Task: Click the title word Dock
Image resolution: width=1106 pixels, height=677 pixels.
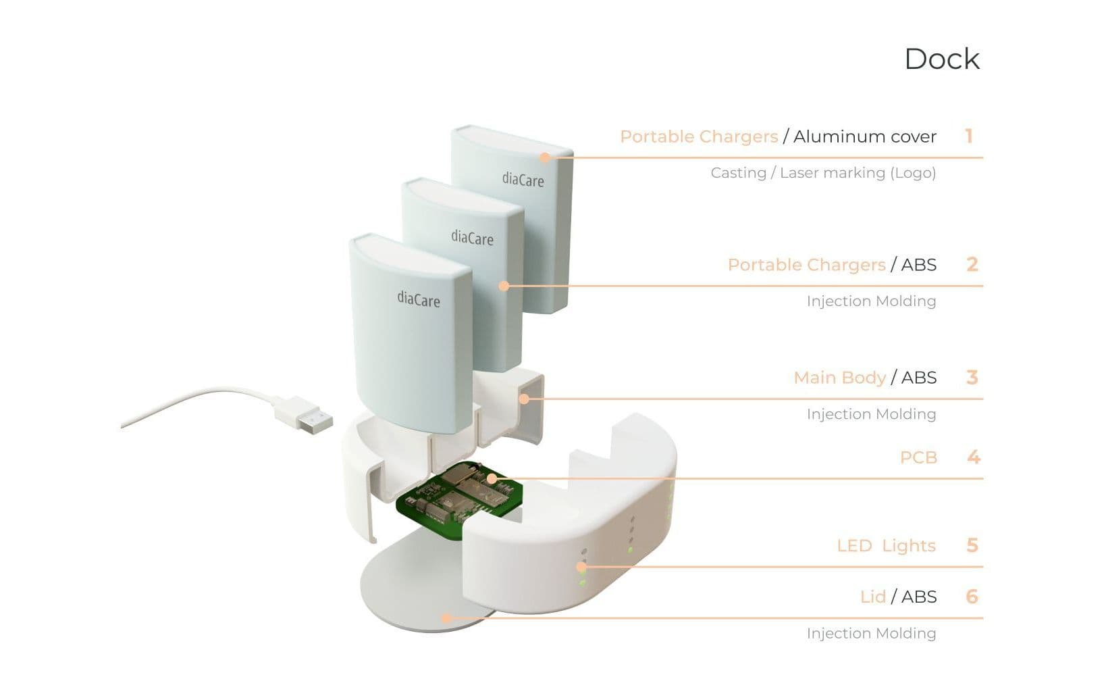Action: pyautogui.click(x=941, y=59)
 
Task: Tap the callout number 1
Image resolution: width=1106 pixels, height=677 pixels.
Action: pyautogui.click(x=969, y=136)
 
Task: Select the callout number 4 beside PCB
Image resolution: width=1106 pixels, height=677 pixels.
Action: pyautogui.click(x=974, y=457)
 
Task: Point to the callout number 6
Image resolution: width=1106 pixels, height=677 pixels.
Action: pyautogui.click(x=972, y=597)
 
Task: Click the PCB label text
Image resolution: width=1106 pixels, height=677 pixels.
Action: pyautogui.click(x=918, y=457)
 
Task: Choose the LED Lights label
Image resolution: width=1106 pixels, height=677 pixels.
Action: pyautogui.click(x=887, y=545)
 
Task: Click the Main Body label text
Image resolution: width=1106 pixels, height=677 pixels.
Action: pyautogui.click(x=840, y=378)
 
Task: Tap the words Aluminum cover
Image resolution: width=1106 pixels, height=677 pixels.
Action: pyautogui.click(x=864, y=136)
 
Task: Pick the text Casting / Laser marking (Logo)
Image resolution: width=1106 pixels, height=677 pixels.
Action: pyautogui.click(x=823, y=173)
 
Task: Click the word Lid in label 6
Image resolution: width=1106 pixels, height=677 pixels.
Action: pyautogui.click(x=873, y=597)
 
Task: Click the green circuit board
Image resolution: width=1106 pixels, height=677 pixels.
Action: pyautogui.click(x=459, y=499)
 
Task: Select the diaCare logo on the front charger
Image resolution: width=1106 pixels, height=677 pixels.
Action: pyautogui.click(x=419, y=299)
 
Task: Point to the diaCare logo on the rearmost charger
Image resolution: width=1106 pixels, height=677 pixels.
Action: pyautogui.click(x=523, y=179)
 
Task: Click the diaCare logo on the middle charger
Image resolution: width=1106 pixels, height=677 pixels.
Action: pyautogui.click(x=473, y=238)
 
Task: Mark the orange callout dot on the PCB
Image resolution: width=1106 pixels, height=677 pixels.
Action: pyautogui.click(x=492, y=478)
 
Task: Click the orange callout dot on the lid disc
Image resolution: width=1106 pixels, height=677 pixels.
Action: pyautogui.click(x=446, y=618)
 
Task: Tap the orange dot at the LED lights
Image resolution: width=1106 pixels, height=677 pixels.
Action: pyautogui.click(x=581, y=567)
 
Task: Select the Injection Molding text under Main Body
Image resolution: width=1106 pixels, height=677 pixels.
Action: pyautogui.click(x=872, y=414)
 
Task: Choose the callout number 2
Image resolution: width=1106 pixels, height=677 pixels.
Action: pyautogui.click(x=972, y=264)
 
